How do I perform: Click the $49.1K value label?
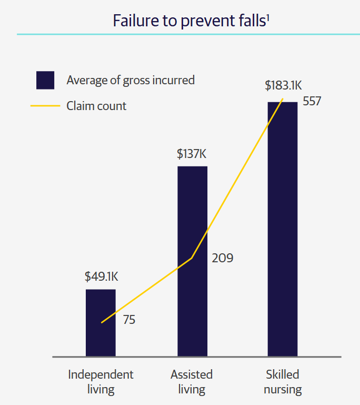point(102,277)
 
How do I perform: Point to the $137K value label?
point(192,154)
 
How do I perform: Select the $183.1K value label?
point(283,85)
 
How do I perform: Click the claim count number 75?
point(129,320)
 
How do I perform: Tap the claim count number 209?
point(222,258)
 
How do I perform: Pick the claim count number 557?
point(312,101)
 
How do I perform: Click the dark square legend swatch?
point(45,80)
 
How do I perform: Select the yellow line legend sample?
point(45,106)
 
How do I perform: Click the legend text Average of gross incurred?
point(131,80)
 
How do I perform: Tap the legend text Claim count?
point(96,106)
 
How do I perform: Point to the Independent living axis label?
point(101,382)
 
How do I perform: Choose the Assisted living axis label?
point(192,382)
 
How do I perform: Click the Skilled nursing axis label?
point(283,382)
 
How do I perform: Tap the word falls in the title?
point(249,21)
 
